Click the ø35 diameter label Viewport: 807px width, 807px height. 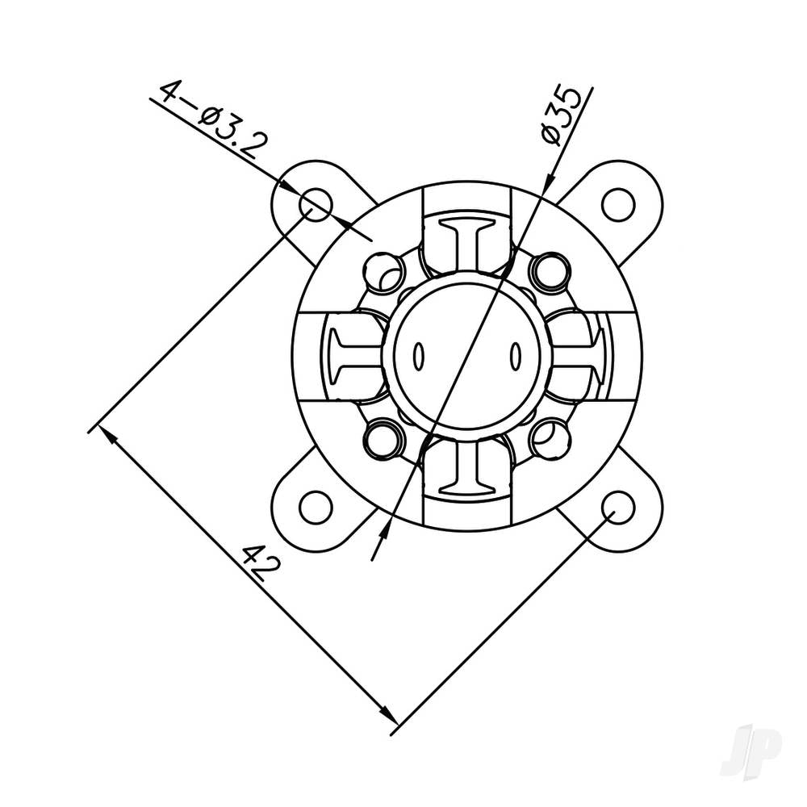[562, 114]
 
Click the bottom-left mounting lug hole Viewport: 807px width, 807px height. [316, 508]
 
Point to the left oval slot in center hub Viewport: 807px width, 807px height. [419, 355]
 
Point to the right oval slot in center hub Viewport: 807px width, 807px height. [515, 355]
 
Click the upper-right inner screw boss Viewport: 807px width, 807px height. [551, 270]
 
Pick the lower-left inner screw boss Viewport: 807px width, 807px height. [383, 440]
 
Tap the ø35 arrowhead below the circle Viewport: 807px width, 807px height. [384, 529]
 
